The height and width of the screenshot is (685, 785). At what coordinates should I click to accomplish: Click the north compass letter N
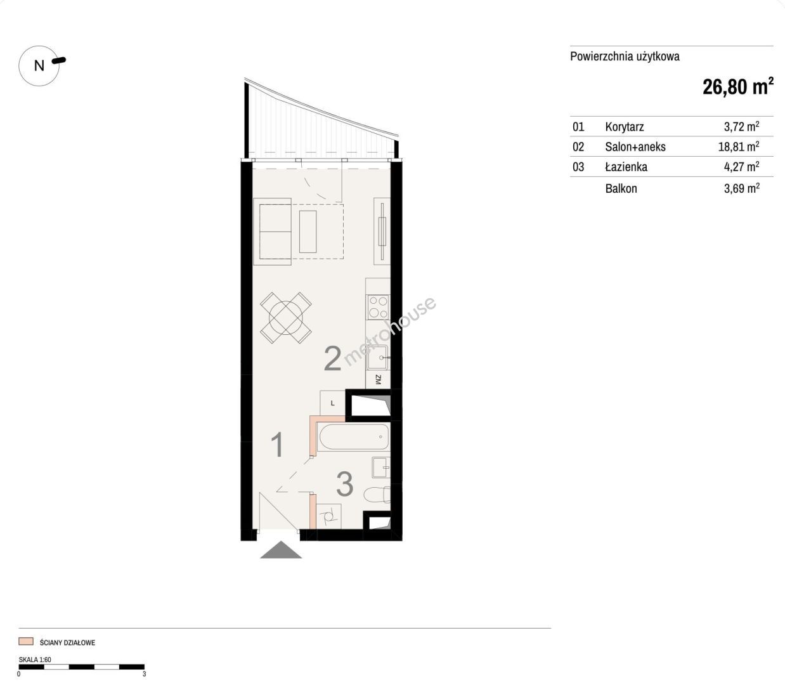(x=39, y=66)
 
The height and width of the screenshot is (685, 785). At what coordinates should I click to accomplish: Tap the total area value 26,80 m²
(x=738, y=87)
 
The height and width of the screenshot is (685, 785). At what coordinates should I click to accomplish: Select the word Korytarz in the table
(x=624, y=127)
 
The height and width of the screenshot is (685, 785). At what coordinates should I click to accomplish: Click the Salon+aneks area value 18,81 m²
(x=739, y=147)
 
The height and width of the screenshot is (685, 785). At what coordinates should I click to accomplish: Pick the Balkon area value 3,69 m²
(x=742, y=188)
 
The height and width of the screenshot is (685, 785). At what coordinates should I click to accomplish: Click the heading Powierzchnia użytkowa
(x=625, y=56)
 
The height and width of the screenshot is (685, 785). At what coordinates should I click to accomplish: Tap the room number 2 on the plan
(x=332, y=358)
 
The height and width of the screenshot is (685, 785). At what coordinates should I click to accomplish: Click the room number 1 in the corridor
(x=277, y=445)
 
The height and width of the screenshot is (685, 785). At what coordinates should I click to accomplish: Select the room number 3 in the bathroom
(x=344, y=485)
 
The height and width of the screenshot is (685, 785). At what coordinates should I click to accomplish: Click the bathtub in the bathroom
(x=353, y=437)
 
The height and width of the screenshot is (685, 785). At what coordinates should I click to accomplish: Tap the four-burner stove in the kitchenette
(x=379, y=307)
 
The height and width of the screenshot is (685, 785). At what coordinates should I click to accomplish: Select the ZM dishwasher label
(x=378, y=380)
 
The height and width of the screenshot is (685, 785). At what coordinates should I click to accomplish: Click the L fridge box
(x=333, y=403)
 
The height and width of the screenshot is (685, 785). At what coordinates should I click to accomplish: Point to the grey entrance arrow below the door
(x=281, y=549)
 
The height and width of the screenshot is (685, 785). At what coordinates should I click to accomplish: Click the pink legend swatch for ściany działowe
(x=26, y=641)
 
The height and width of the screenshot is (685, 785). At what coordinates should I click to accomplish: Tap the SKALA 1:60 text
(x=35, y=660)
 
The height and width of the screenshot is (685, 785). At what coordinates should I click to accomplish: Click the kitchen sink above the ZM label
(x=378, y=358)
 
